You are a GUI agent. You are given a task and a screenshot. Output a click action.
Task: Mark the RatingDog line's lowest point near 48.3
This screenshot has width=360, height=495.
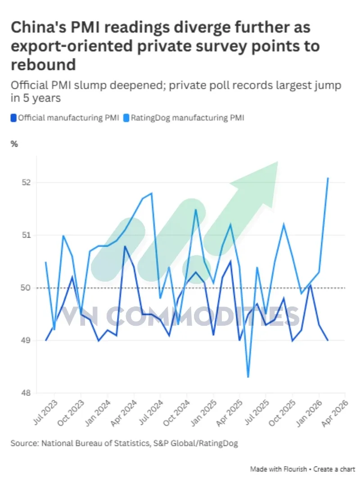click(248, 377)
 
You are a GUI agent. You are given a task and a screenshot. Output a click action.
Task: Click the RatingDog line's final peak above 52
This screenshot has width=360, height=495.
click(328, 178)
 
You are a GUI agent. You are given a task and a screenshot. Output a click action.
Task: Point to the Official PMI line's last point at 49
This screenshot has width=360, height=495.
click(328, 340)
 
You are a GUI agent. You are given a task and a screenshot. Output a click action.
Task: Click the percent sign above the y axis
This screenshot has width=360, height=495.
click(14, 144)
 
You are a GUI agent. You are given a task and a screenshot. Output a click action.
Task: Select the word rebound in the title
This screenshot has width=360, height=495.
click(43, 64)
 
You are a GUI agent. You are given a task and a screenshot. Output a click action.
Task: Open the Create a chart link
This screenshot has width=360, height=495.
click(334, 469)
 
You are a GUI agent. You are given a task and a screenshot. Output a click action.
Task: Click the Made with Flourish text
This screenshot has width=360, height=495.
click(278, 469)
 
